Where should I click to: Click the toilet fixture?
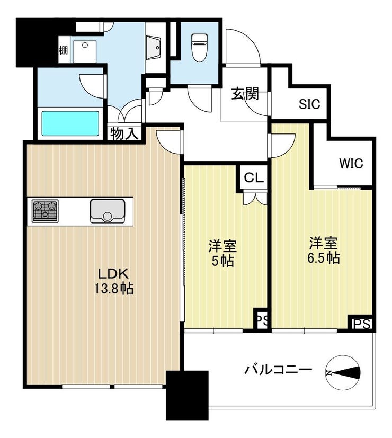pyautogui.click(x=199, y=47)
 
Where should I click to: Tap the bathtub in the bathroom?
pyautogui.click(x=70, y=124)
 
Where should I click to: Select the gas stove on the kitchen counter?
pyautogui.click(x=45, y=211)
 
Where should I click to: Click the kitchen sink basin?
pyautogui.click(x=108, y=211)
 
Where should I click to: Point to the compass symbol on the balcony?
pyautogui.click(x=343, y=372)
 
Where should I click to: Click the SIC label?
pyautogui.click(x=309, y=104)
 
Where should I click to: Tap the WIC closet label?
pyautogui.click(x=351, y=164)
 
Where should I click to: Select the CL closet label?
pyautogui.click(x=254, y=177)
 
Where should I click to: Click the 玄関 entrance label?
pyautogui.click(x=245, y=94)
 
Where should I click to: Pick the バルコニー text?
pyautogui.click(x=278, y=370)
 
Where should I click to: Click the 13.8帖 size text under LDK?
pyautogui.click(x=113, y=289)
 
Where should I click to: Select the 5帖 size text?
pyautogui.click(x=222, y=261)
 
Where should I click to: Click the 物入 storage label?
pyautogui.click(x=124, y=134)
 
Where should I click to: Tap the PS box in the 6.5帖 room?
pyautogui.click(x=362, y=324)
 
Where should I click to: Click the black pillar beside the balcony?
pyautogui.click(x=187, y=395)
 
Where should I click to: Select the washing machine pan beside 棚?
pyautogui.click(x=85, y=52)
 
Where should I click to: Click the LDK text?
pyautogui.click(x=113, y=274)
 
